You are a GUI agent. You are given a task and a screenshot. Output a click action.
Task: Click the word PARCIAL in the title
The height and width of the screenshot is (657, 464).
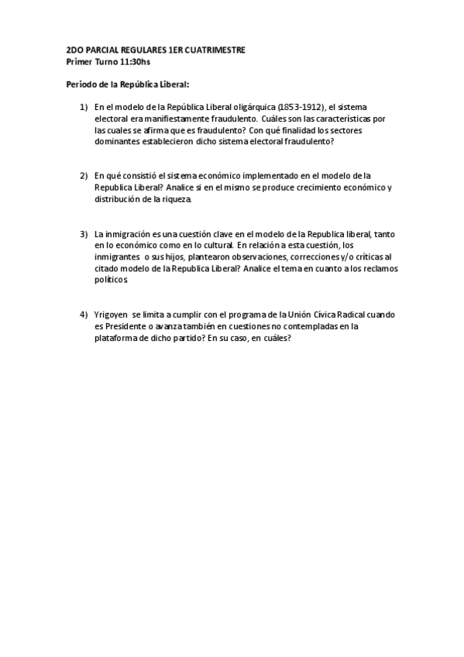(101, 50)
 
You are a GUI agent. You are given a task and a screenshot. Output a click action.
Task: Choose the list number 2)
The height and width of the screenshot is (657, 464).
(84, 177)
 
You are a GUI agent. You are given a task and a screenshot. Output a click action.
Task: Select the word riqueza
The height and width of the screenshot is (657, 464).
(176, 200)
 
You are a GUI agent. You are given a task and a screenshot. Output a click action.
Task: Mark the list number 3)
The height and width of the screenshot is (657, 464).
(84, 234)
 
